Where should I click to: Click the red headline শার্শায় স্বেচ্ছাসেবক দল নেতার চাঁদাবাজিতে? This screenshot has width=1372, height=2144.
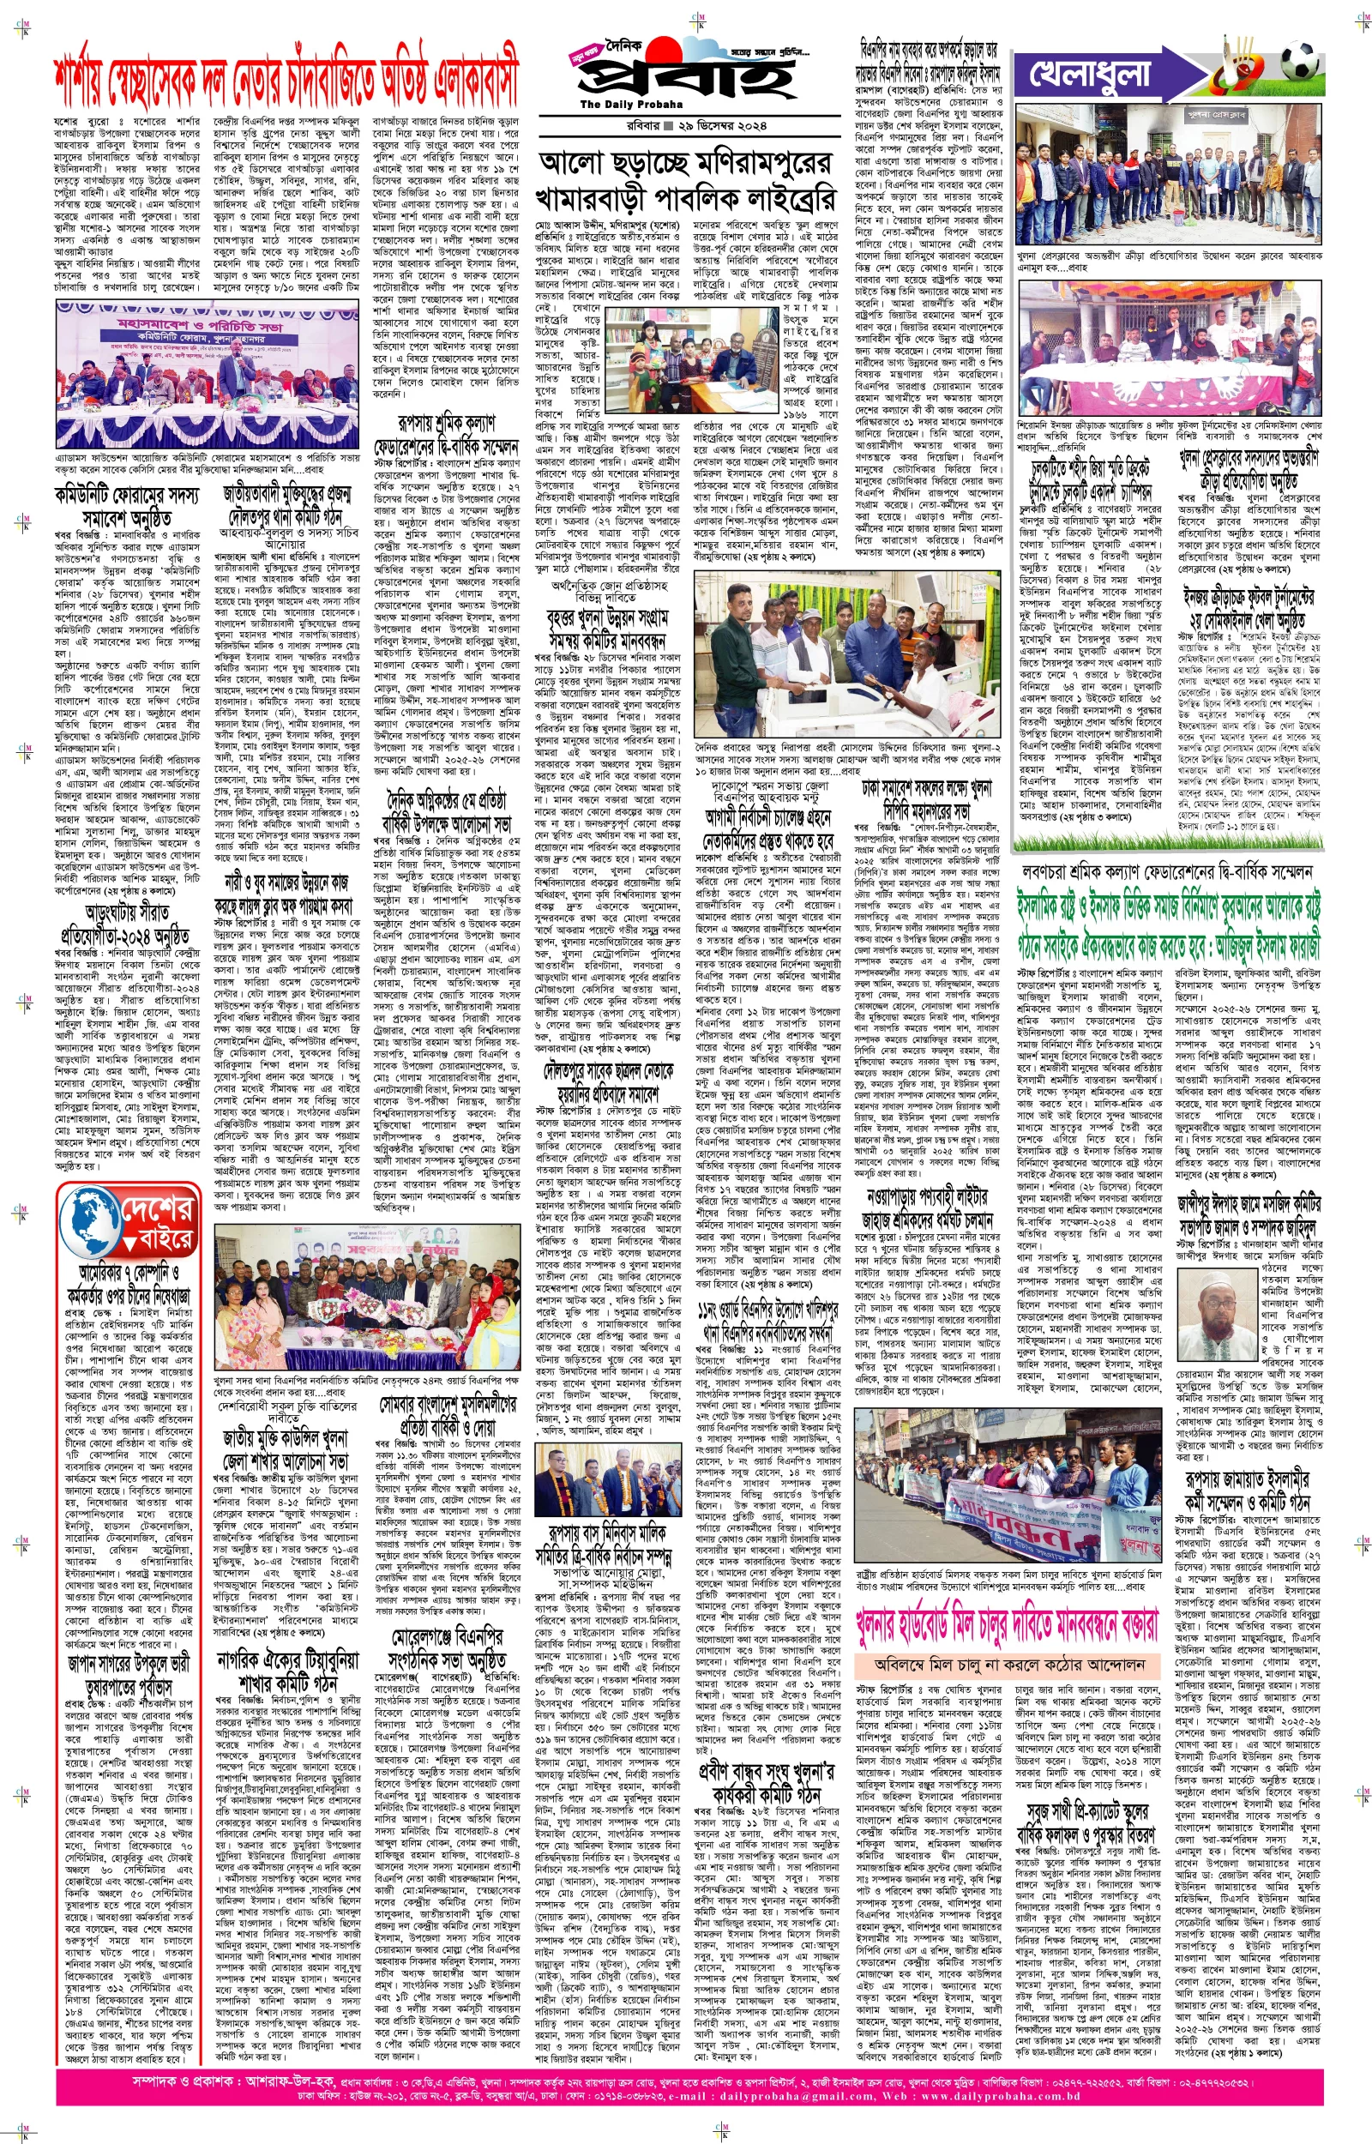[x=285, y=85]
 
